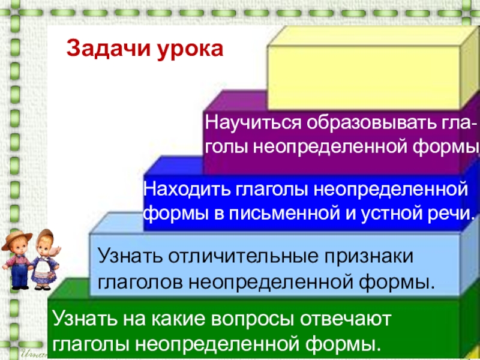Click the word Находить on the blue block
tap(182, 190)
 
